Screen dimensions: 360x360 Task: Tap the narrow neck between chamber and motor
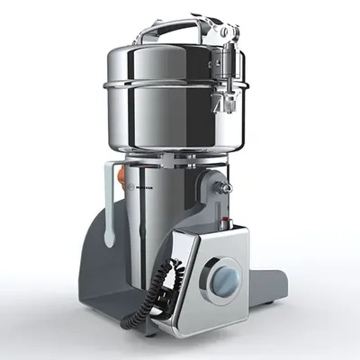[x=175, y=161]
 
